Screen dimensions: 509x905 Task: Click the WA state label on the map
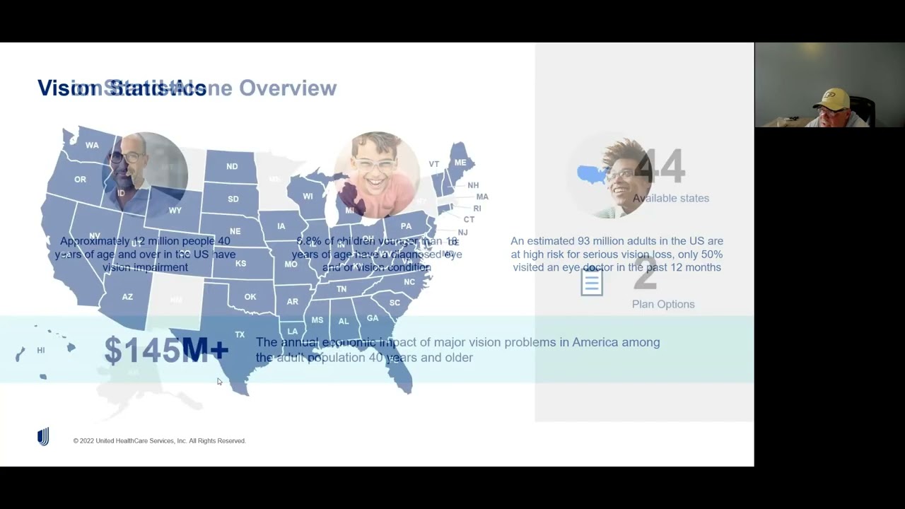(x=92, y=145)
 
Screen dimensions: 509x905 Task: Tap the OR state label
(x=80, y=180)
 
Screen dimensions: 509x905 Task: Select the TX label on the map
(x=240, y=334)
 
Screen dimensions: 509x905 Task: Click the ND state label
(x=232, y=167)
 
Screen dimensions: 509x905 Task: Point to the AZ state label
(x=127, y=297)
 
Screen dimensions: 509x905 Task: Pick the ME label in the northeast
(x=460, y=163)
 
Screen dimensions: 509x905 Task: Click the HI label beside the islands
(x=41, y=351)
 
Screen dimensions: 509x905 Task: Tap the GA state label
(x=373, y=318)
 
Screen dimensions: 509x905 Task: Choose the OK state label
(x=250, y=297)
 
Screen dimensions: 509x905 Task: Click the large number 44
(x=659, y=167)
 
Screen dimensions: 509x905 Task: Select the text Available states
(x=670, y=199)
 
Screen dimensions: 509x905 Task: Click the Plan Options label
(x=663, y=304)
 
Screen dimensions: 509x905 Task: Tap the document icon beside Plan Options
(x=592, y=283)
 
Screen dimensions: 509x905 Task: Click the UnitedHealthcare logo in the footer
(x=43, y=437)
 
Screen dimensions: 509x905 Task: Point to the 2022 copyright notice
(x=159, y=441)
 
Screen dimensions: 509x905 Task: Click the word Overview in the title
(x=288, y=88)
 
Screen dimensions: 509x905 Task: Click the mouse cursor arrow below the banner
(x=219, y=382)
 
